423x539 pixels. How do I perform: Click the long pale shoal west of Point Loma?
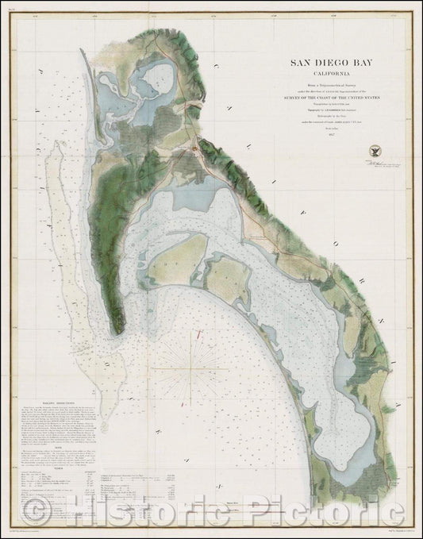67,262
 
